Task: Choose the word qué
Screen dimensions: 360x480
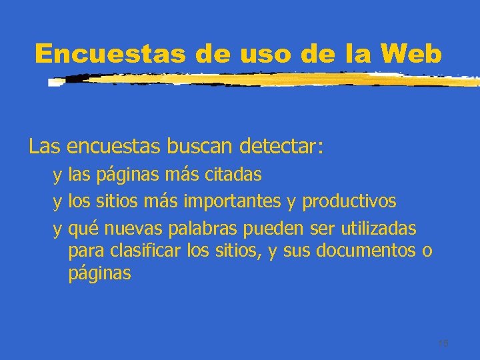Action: [83, 229]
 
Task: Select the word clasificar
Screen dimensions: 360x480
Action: [150, 251]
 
